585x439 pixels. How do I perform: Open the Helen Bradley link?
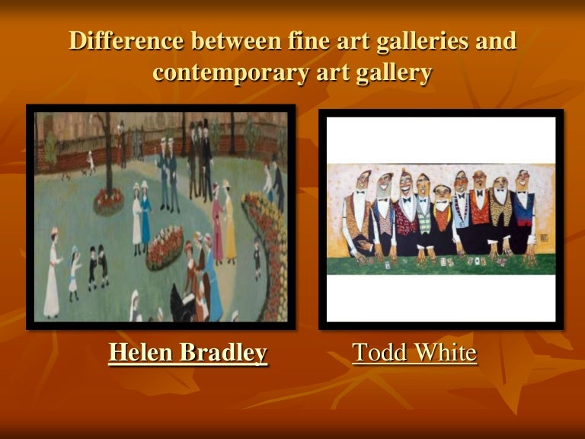tap(187, 353)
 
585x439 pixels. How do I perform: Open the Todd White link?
tap(414, 353)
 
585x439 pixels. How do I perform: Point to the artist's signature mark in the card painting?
tap(544, 238)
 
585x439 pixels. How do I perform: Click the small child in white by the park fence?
tap(91, 162)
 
